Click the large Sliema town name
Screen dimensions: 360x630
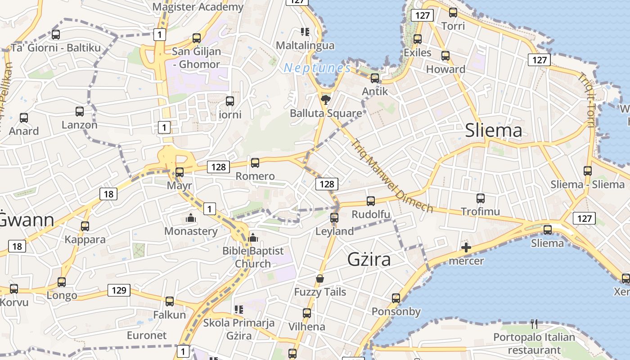click(x=493, y=130)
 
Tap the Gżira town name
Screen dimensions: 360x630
click(x=369, y=260)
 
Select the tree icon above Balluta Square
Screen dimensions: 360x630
click(x=325, y=99)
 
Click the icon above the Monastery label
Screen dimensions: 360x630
click(x=191, y=218)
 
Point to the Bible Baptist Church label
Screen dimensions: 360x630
click(x=253, y=257)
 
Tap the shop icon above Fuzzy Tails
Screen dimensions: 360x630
click(x=320, y=279)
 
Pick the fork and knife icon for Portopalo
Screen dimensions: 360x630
click(x=534, y=324)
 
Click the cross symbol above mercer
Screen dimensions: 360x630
click(x=466, y=247)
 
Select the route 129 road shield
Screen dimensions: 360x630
click(x=119, y=290)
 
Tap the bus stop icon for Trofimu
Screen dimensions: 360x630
click(x=481, y=198)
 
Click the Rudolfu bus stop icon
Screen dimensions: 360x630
click(x=371, y=201)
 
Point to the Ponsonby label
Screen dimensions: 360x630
click(x=396, y=311)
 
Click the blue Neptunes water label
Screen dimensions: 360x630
click(x=317, y=68)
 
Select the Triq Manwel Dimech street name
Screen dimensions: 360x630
click(x=392, y=176)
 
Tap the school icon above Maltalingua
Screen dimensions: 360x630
click(x=305, y=31)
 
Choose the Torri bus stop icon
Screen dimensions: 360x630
click(x=453, y=13)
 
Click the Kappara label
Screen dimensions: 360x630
click(x=85, y=239)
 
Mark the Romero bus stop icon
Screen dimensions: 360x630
click(x=255, y=163)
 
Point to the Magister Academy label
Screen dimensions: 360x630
click(x=198, y=7)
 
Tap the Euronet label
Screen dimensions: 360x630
click(x=147, y=335)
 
